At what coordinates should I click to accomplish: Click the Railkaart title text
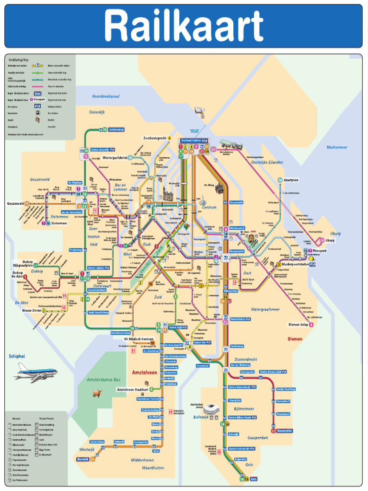click(184, 26)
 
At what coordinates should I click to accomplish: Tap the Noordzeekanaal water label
click(105, 96)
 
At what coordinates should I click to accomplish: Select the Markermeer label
click(337, 147)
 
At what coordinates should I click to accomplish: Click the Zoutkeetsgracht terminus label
click(154, 138)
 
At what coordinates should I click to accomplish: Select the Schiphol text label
click(17, 356)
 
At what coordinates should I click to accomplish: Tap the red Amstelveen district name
click(144, 372)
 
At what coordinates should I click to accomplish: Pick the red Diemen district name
click(295, 339)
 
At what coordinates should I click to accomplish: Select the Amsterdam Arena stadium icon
click(211, 409)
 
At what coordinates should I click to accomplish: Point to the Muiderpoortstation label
click(299, 264)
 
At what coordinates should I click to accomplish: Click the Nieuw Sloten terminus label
click(32, 310)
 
